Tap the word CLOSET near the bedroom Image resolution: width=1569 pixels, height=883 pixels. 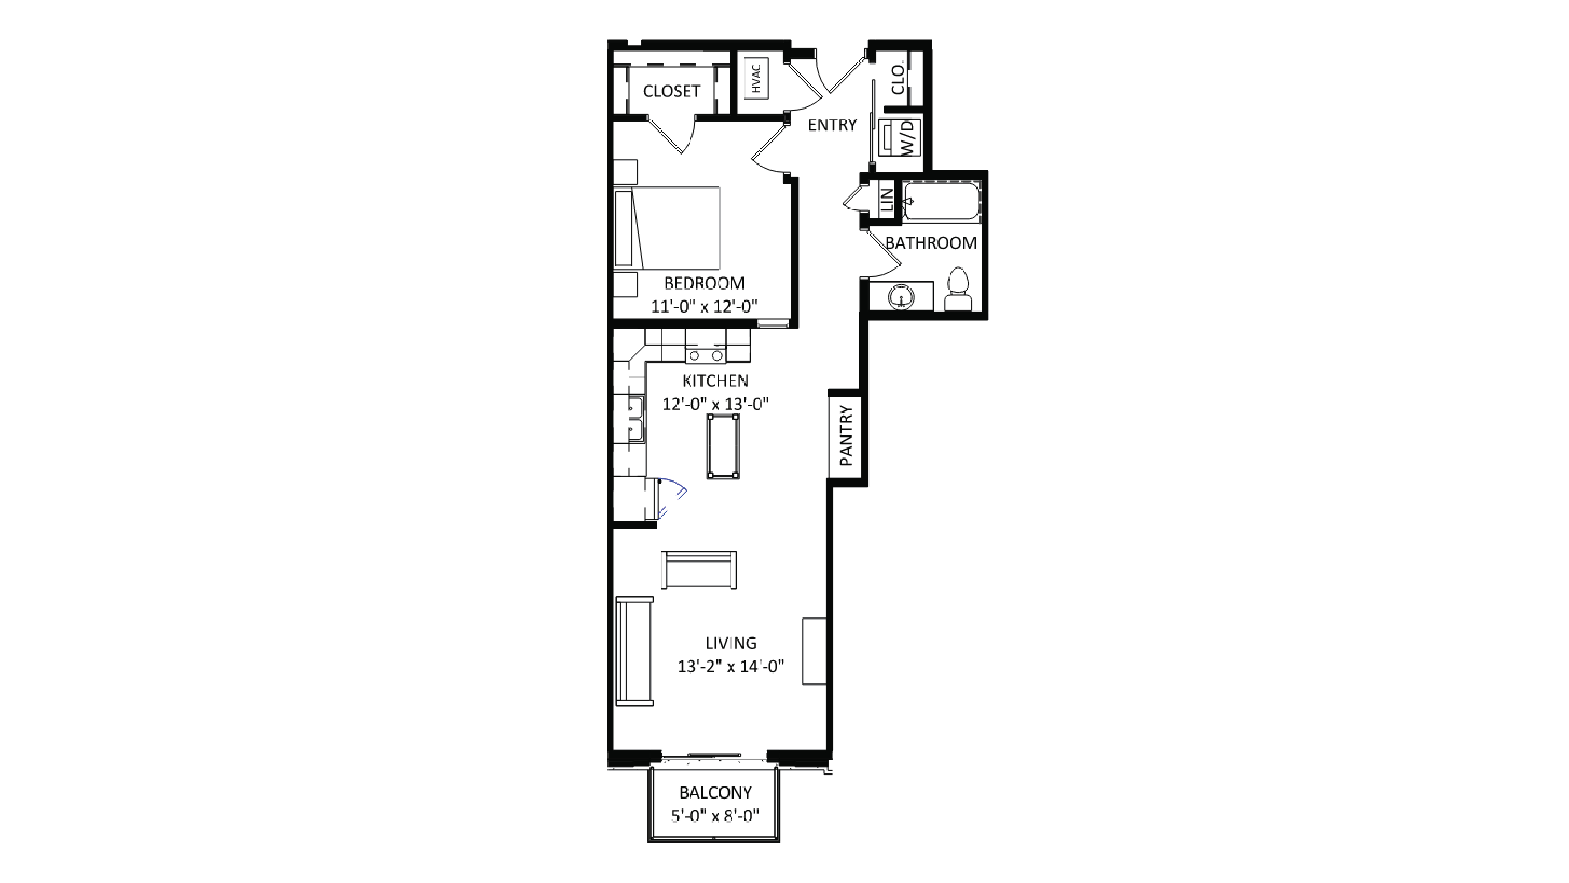coord(671,91)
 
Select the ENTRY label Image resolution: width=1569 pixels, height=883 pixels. coord(832,125)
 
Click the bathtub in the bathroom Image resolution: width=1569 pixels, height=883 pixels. coord(942,201)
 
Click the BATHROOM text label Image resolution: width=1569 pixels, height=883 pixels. coord(931,243)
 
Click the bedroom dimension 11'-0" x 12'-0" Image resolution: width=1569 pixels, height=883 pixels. coord(704,306)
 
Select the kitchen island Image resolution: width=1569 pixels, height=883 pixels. coord(723,446)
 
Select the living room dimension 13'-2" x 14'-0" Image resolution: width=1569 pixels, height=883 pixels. coord(730,666)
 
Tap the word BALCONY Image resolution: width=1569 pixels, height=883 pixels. coord(715,792)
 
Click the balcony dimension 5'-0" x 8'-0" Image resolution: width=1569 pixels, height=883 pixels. coord(715,815)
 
